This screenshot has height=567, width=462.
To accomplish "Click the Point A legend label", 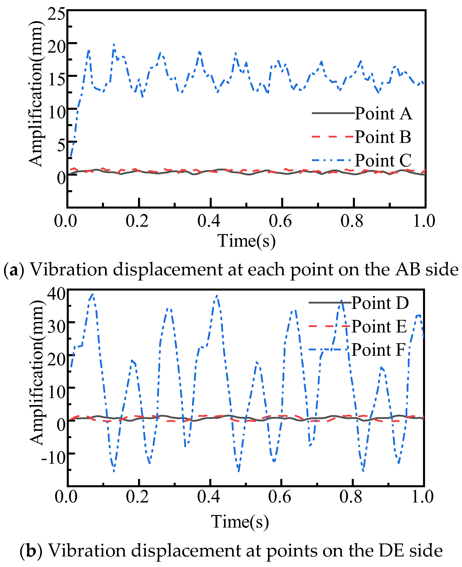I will pyautogui.click(x=383, y=114).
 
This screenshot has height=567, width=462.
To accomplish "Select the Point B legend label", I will pyautogui.click(x=383, y=137).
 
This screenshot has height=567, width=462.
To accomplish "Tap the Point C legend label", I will pyautogui.click(x=383, y=160).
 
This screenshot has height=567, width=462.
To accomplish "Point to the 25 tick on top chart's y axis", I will pyautogui.click(x=56, y=14).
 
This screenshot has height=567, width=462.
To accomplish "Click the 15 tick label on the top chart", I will pyautogui.click(x=56, y=79).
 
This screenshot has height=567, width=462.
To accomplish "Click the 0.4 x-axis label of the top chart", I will pyautogui.click(x=209, y=221).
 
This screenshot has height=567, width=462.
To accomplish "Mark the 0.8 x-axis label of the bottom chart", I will pyautogui.click(x=351, y=496).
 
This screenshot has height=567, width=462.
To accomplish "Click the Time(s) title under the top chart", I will pyautogui.click(x=246, y=241).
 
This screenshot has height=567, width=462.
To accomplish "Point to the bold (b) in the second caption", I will pyautogui.click(x=31, y=550).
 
